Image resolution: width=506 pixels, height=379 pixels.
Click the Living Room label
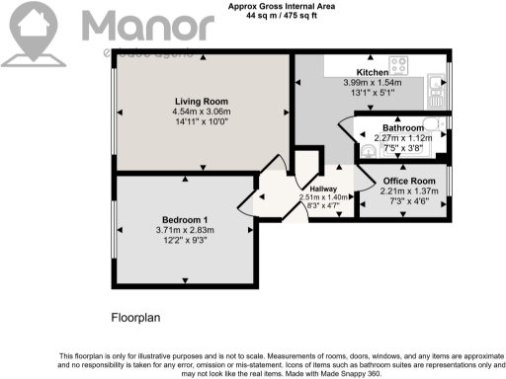click(x=195, y=102)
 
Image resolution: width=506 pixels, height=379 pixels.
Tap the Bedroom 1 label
click(x=185, y=220)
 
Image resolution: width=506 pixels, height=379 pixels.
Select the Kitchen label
click(x=372, y=73)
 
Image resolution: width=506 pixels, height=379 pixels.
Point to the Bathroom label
click(x=405, y=128)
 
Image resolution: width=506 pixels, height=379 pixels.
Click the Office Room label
click(x=409, y=182)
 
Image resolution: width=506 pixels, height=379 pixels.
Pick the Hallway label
click(x=324, y=189)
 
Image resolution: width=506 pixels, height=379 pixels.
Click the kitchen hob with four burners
click(x=400, y=67)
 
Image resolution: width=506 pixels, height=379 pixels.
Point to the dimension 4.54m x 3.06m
click(x=201, y=113)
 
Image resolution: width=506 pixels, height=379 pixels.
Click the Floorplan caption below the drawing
click(x=134, y=319)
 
